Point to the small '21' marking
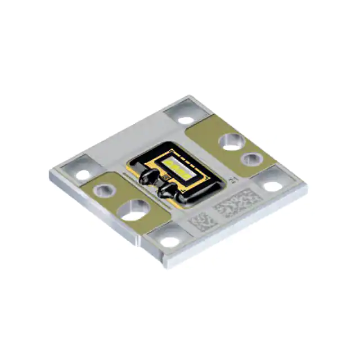click(233, 180)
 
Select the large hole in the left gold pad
click(131, 209)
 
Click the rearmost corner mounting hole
click(184, 119)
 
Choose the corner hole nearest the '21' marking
click(272, 185)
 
